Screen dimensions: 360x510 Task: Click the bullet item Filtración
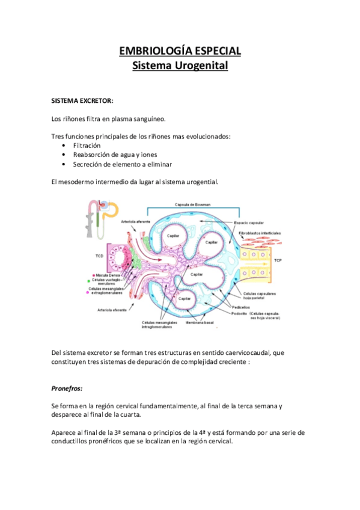click(x=87, y=146)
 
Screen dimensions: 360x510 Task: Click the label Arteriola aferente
click(x=135, y=222)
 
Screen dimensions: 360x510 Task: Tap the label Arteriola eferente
click(x=112, y=310)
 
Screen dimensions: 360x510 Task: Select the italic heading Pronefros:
click(x=67, y=389)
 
